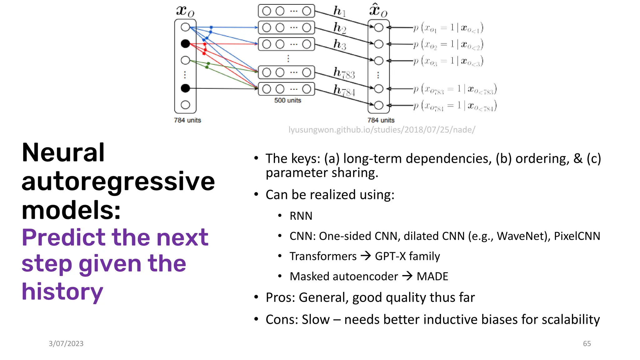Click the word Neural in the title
coord(63,152)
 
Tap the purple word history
coord(62,292)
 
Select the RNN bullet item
coord(301,216)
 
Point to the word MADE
coord(432,277)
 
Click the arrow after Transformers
coord(366,256)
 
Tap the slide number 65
coord(587,343)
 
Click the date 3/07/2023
coord(66,343)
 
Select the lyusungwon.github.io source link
coord(382,130)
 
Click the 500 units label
coord(287,100)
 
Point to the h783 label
coord(344,73)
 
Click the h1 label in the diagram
coord(339,11)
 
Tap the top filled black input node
coord(185,44)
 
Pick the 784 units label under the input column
coord(187,120)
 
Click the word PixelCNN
coord(577,236)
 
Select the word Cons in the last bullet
coord(280,320)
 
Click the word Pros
coord(280,297)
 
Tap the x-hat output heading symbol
coord(378,11)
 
